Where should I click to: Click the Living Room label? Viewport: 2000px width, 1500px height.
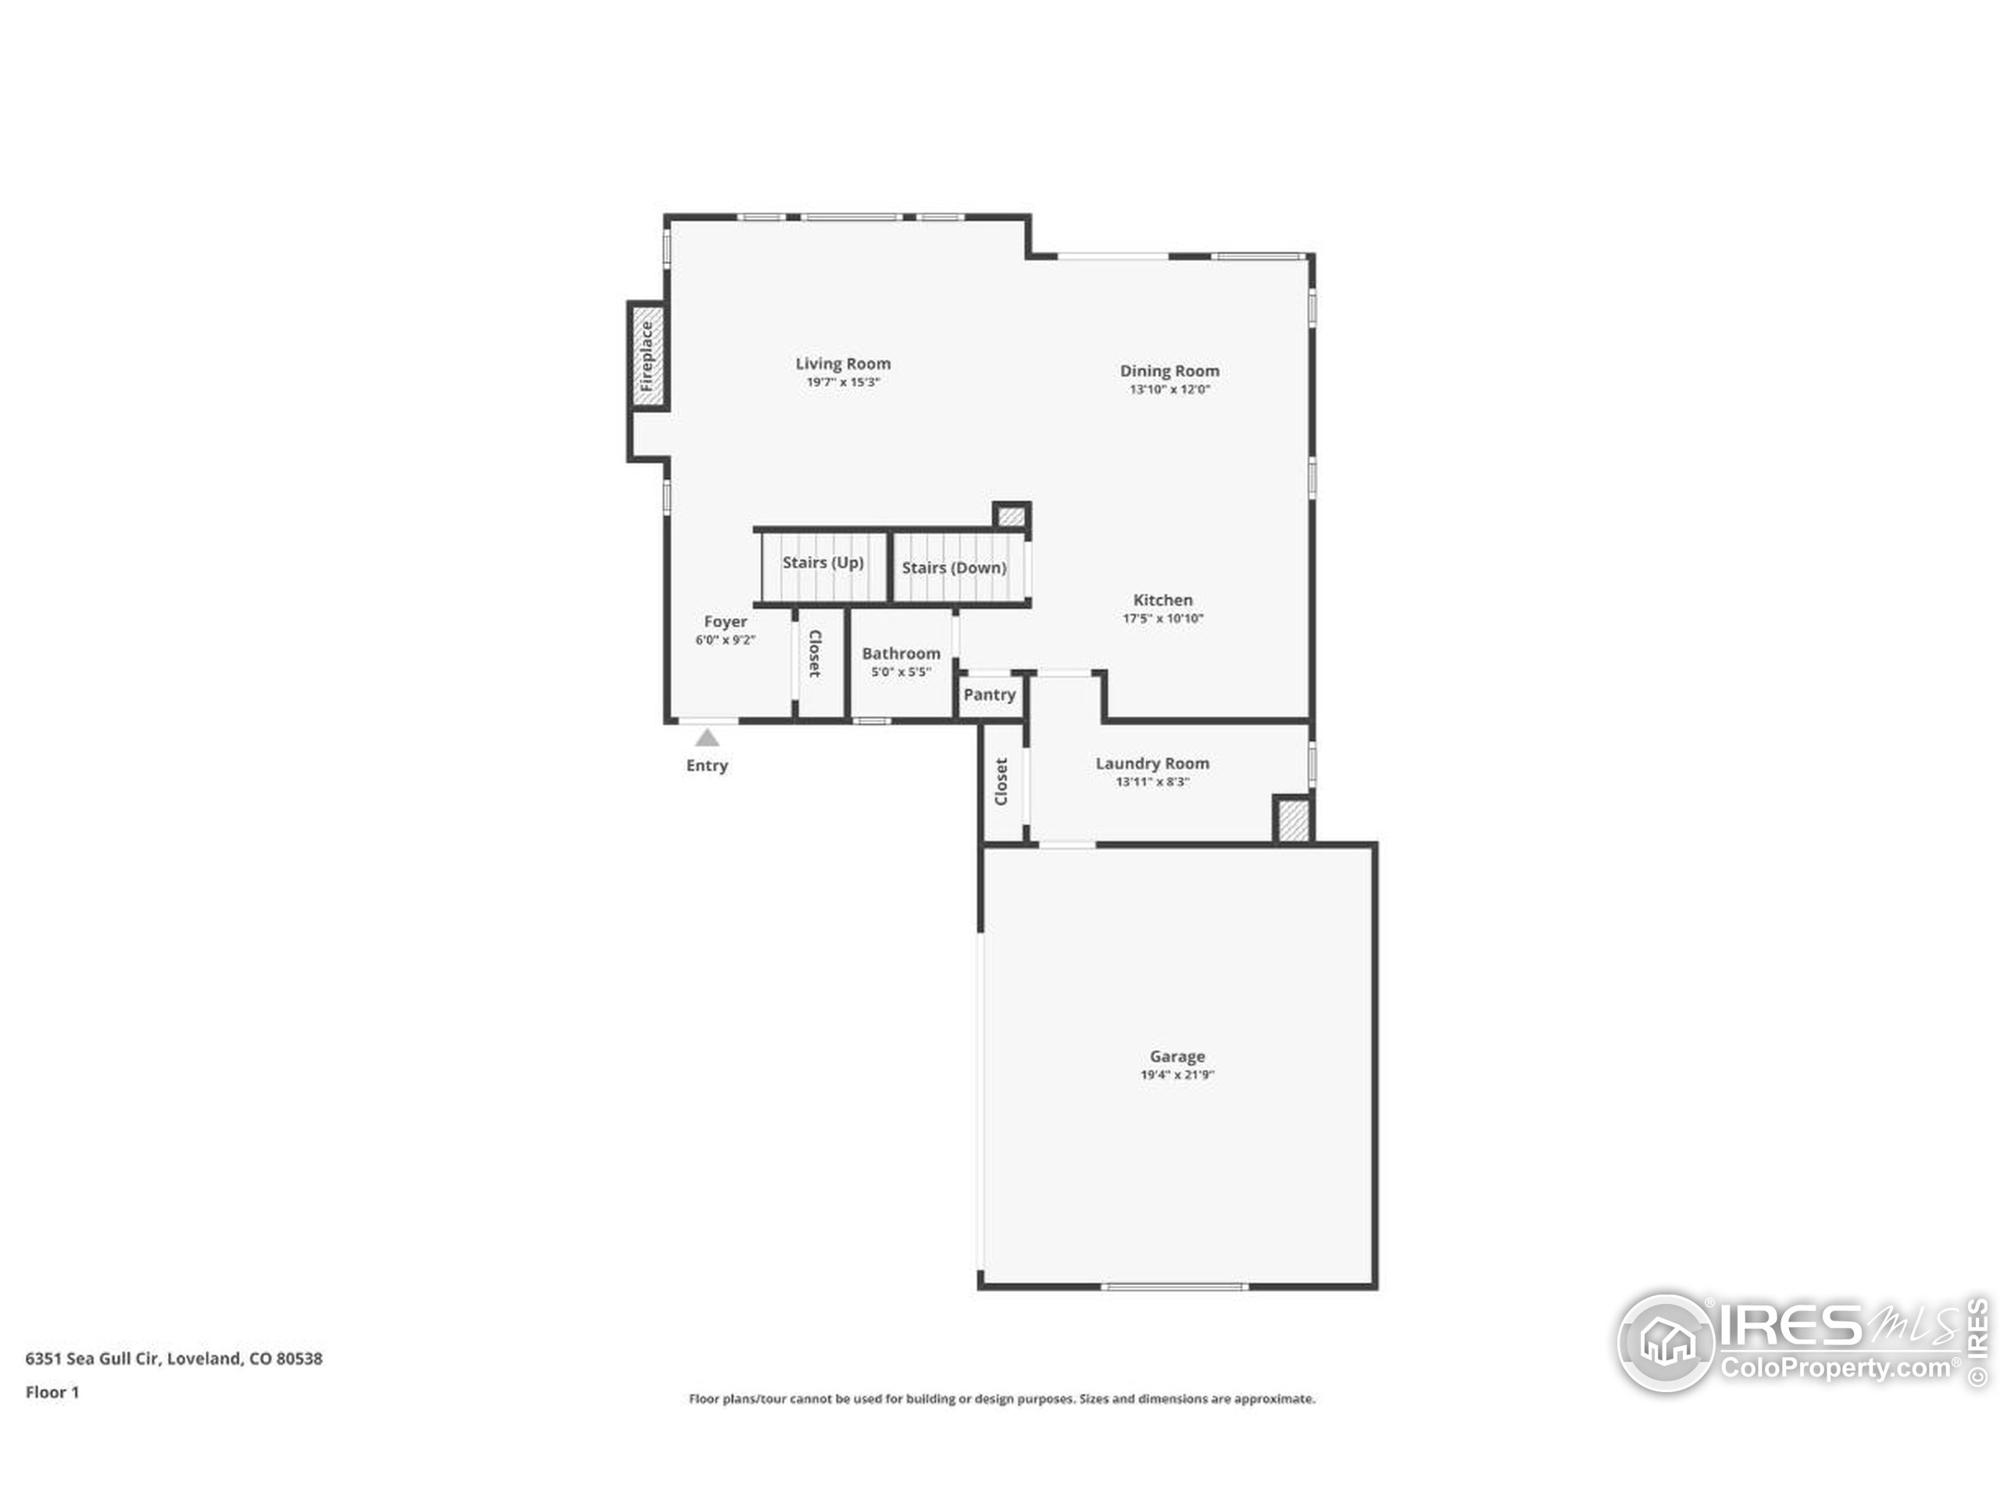tap(843, 363)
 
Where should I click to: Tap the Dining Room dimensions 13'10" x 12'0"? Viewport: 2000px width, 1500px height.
tap(1169, 390)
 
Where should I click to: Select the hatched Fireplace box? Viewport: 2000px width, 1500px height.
tap(648, 356)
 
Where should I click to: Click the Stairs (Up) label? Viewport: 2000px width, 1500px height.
tap(823, 562)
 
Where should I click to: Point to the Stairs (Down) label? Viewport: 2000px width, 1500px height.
tap(954, 568)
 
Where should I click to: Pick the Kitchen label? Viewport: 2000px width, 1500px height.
tap(1162, 600)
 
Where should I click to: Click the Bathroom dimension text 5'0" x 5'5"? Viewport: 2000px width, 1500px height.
tap(901, 672)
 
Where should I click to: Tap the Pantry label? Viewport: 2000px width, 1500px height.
tap(989, 695)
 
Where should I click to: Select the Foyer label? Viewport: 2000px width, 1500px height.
tap(725, 622)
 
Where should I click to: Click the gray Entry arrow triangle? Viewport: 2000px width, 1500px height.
tap(707, 737)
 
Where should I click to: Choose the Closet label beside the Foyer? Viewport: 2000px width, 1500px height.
tap(814, 654)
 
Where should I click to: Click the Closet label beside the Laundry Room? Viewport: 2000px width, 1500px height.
tap(1001, 781)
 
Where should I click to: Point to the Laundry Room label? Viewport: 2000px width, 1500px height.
tap(1152, 763)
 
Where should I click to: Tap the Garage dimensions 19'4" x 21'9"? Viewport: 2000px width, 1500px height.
tap(1177, 1075)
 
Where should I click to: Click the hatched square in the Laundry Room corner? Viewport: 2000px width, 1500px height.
tap(1293, 820)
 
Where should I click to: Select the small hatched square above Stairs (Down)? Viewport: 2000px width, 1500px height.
tap(1011, 517)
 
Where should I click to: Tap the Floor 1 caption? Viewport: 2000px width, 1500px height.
tap(52, 1392)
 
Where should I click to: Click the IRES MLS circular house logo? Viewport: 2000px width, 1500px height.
tap(1666, 1343)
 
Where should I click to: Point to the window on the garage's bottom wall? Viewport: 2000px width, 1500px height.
tap(1173, 1286)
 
